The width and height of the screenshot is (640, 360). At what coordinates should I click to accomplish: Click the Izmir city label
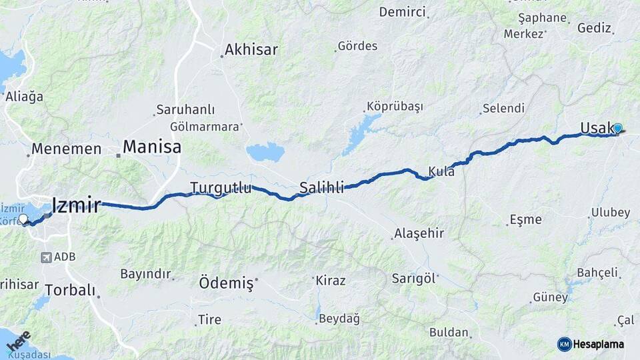77,205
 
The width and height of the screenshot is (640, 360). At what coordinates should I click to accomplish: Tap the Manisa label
152,147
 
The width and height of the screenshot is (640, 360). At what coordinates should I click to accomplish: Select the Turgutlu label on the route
221,188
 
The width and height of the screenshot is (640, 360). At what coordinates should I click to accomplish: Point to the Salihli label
322,187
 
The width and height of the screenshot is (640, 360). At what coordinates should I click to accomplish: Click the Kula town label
442,171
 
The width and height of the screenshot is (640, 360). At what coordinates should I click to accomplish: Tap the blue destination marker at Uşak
617,128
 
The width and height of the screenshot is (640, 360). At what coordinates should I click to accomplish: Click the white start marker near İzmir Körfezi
23,219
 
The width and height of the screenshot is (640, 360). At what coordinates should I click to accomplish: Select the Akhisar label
251,49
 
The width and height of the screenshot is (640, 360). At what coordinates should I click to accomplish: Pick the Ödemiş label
226,283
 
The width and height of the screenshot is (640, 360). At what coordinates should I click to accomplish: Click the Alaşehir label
419,233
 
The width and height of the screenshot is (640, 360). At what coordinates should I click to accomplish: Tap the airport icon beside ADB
47,257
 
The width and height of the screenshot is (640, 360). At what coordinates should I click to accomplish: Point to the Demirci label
402,12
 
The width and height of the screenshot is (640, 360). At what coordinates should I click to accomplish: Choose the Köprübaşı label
395,107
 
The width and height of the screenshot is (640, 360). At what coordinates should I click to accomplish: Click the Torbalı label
71,291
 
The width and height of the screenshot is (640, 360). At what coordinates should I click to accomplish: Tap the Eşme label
525,219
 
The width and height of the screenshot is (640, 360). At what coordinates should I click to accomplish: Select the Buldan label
449,331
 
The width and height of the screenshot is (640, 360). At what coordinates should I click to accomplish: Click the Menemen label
67,149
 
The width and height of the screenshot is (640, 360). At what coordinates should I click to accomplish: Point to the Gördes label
357,46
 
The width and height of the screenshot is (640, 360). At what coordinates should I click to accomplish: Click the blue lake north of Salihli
265,153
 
